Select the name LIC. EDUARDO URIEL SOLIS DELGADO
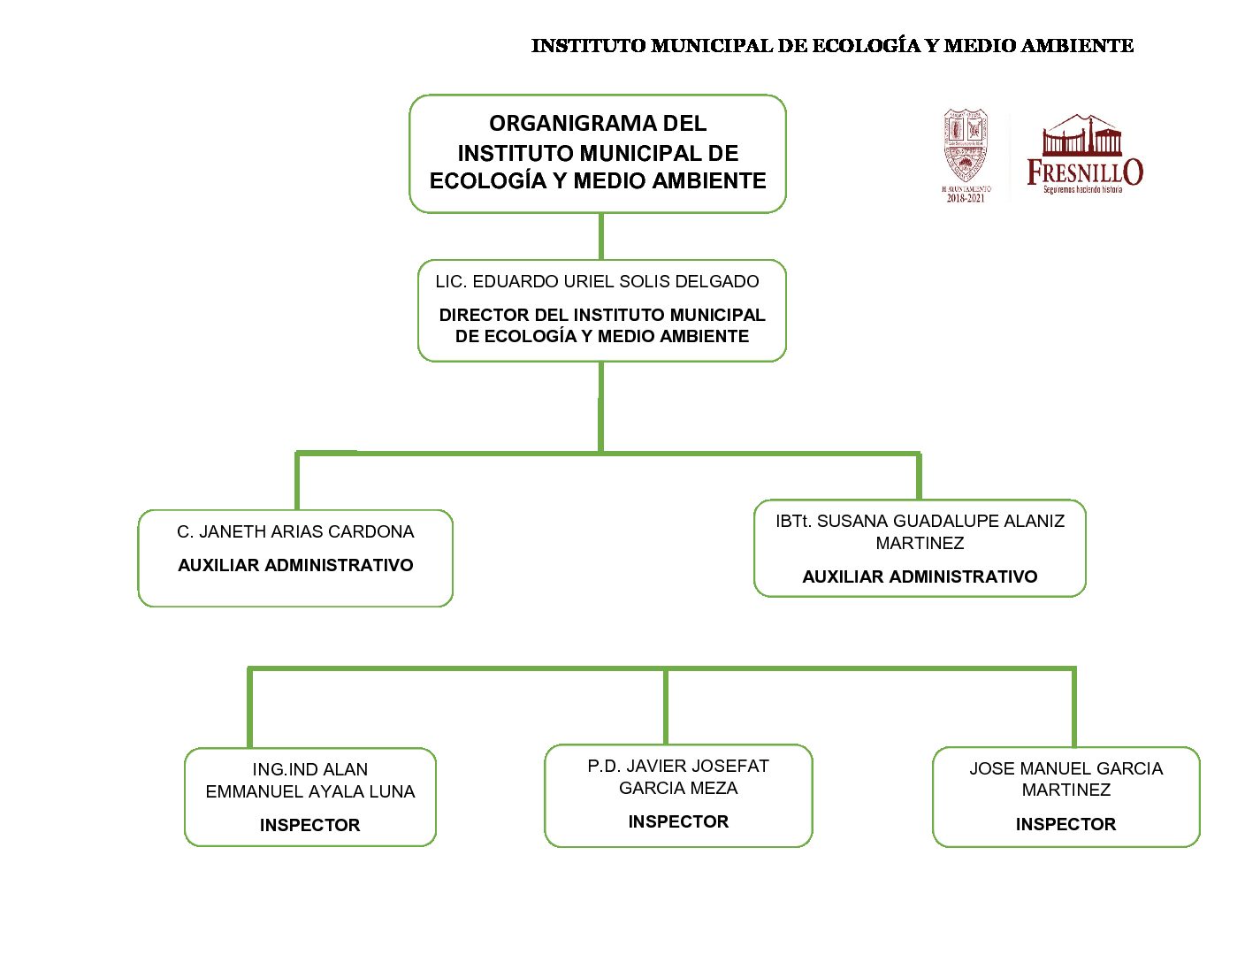click(x=597, y=282)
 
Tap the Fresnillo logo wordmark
click(x=1084, y=172)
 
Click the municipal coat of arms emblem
click(x=965, y=146)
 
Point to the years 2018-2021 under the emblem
click(x=966, y=198)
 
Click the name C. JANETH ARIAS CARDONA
click(x=295, y=532)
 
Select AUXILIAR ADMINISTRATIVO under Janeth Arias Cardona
click(x=295, y=566)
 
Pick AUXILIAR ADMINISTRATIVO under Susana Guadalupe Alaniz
click(x=920, y=577)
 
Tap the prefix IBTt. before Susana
click(x=793, y=522)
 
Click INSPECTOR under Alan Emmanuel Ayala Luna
click(x=309, y=826)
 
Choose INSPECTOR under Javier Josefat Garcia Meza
click(x=678, y=822)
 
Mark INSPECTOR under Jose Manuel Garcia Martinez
click(x=1066, y=825)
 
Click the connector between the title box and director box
click(x=601, y=236)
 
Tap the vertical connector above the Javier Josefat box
click(x=665, y=707)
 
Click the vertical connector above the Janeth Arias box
click(x=297, y=482)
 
